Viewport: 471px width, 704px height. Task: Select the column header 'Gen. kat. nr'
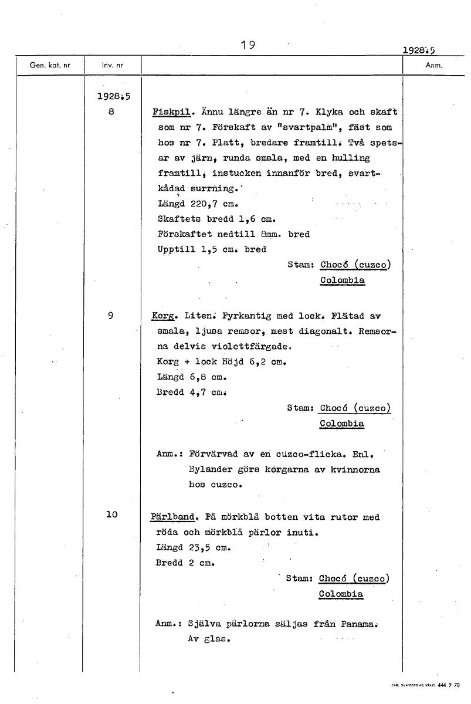coord(50,66)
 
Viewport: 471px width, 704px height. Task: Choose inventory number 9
coord(111,316)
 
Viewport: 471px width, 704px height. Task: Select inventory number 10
coord(111,515)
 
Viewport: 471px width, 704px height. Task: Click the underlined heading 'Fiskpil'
coord(170,111)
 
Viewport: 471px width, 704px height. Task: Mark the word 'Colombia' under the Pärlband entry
coord(341,594)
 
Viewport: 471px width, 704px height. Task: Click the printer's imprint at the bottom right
coord(425,685)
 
